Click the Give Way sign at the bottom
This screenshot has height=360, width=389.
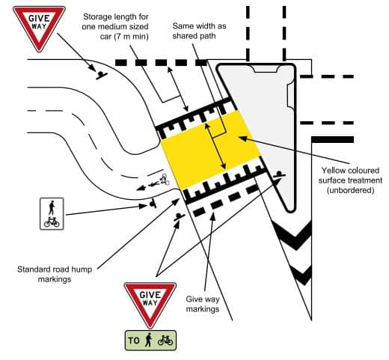tap(150, 302)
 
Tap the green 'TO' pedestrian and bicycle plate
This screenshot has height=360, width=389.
tap(150, 341)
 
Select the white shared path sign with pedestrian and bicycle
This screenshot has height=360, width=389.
tap(52, 214)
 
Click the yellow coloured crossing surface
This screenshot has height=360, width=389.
tap(210, 150)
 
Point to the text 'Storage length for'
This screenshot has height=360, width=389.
tap(116, 17)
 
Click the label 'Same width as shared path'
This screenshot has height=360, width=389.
tap(199, 31)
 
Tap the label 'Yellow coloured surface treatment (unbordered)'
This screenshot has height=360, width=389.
tap(350, 180)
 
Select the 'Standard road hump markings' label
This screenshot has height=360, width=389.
tap(55, 274)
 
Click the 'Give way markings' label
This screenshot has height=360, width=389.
tap(203, 304)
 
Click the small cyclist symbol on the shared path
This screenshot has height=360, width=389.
tap(165, 180)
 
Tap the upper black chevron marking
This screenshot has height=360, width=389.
tap(294, 234)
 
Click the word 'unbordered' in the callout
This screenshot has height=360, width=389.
tap(350, 190)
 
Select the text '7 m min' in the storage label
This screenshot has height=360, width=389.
tap(131, 37)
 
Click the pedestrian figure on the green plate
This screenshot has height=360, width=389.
tap(149, 340)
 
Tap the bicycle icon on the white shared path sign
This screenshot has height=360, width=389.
tap(52, 222)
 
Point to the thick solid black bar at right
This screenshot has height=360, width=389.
tap(333, 140)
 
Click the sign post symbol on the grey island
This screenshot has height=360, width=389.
tap(279, 174)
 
